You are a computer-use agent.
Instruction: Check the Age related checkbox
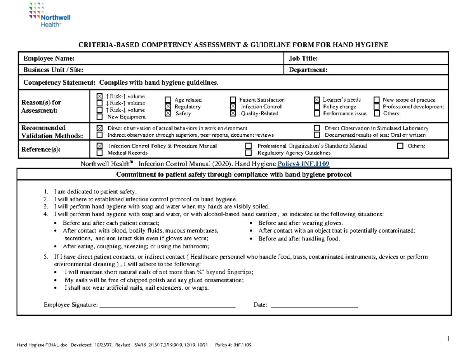pos(168,100)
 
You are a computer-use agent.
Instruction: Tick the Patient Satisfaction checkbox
pos(233,100)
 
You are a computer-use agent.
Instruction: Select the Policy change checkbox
pos(316,107)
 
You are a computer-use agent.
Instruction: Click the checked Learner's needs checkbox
pos(316,100)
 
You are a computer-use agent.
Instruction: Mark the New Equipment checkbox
pos(100,117)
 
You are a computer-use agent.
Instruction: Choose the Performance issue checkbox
pos(316,113)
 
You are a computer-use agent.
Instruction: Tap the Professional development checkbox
pos(376,107)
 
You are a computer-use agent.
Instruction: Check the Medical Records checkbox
pos(100,153)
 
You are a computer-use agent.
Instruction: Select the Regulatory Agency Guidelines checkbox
pos(249,153)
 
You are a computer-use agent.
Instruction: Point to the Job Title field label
pos(303,59)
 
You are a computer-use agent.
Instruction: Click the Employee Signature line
pos(168,306)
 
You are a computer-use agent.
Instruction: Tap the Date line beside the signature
pos(314,306)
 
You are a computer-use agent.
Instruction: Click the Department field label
pos(308,70)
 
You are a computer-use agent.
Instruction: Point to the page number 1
pos(448,338)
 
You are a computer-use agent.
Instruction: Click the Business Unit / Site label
pos(53,70)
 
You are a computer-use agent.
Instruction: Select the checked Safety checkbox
pos(168,113)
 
